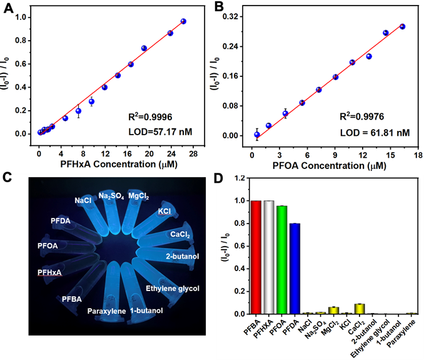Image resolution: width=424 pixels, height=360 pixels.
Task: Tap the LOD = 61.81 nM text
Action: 375,133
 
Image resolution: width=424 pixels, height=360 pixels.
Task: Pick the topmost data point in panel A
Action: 183,21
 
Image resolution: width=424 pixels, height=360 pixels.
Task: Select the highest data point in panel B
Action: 402,26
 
